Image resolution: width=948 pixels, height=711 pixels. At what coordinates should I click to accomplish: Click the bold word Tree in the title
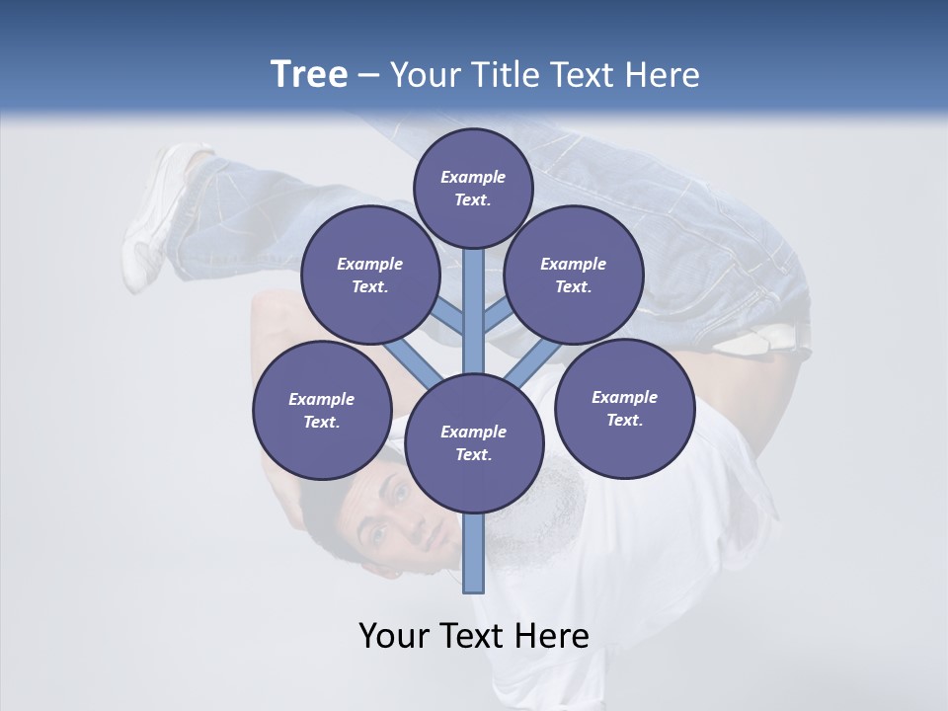pyautogui.click(x=309, y=74)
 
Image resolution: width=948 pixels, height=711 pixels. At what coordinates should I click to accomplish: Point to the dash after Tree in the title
pyautogui.click(x=368, y=75)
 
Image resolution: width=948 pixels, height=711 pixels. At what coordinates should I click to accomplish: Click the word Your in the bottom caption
pyautogui.click(x=397, y=635)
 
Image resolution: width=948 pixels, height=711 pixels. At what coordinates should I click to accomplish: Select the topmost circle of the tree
pyautogui.click(x=473, y=188)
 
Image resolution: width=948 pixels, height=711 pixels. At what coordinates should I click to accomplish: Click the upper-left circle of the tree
pyautogui.click(x=369, y=275)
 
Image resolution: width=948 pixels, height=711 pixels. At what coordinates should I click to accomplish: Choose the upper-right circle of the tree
pyautogui.click(x=574, y=275)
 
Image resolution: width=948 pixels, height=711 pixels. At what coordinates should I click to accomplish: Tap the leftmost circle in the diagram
pyautogui.click(x=321, y=410)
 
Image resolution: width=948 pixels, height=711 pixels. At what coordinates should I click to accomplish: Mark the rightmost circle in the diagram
pyautogui.click(x=624, y=408)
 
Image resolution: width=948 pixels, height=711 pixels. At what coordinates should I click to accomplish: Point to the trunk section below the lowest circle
pyautogui.click(x=474, y=553)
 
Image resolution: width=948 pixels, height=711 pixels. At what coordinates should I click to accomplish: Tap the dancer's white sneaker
pyautogui.click(x=158, y=212)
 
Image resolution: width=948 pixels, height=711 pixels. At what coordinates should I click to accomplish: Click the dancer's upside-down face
pyautogui.click(x=395, y=518)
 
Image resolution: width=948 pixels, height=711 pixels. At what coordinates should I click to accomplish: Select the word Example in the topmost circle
pyautogui.click(x=473, y=177)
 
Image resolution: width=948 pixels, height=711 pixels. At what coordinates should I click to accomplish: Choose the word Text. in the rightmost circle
pyautogui.click(x=624, y=420)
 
